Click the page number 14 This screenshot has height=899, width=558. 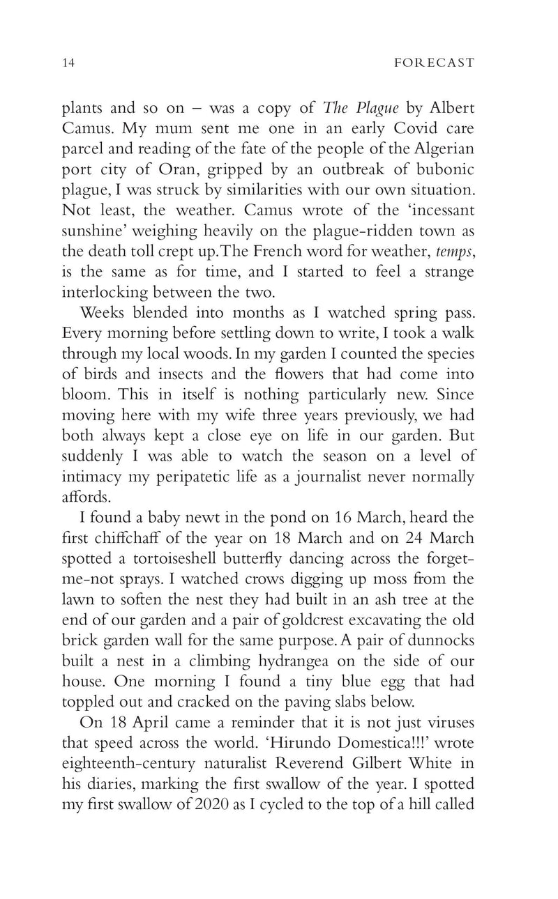pyautogui.click(x=68, y=63)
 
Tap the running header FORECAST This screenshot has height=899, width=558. pyautogui.click(x=434, y=63)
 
